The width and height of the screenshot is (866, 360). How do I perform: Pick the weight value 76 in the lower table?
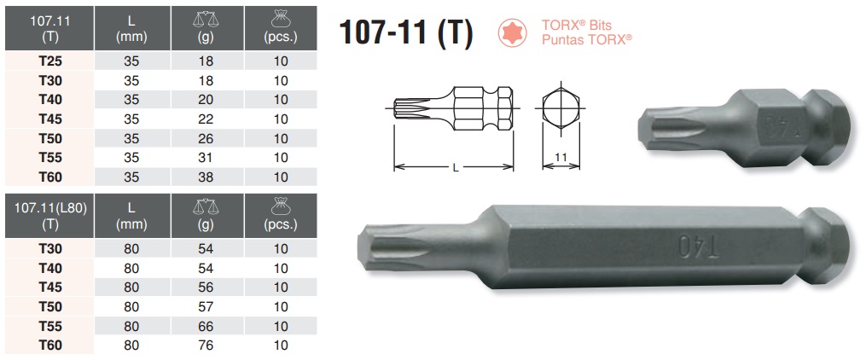pos(204,345)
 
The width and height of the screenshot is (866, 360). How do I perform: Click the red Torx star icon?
pos(512,33)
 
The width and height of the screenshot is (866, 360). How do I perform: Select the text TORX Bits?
pos(579,26)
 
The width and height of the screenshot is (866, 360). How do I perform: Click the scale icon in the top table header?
pos(204,17)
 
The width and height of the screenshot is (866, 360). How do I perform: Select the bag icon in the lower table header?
pos(282,205)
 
